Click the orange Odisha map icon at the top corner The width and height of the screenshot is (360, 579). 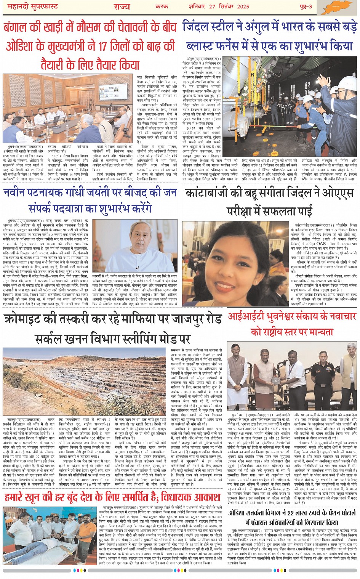click(x=339, y=7)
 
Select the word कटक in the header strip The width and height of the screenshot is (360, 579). click(x=162, y=6)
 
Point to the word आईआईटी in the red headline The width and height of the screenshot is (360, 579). click(x=244, y=317)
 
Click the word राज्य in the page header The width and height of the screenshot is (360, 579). click(x=122, y=6)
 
